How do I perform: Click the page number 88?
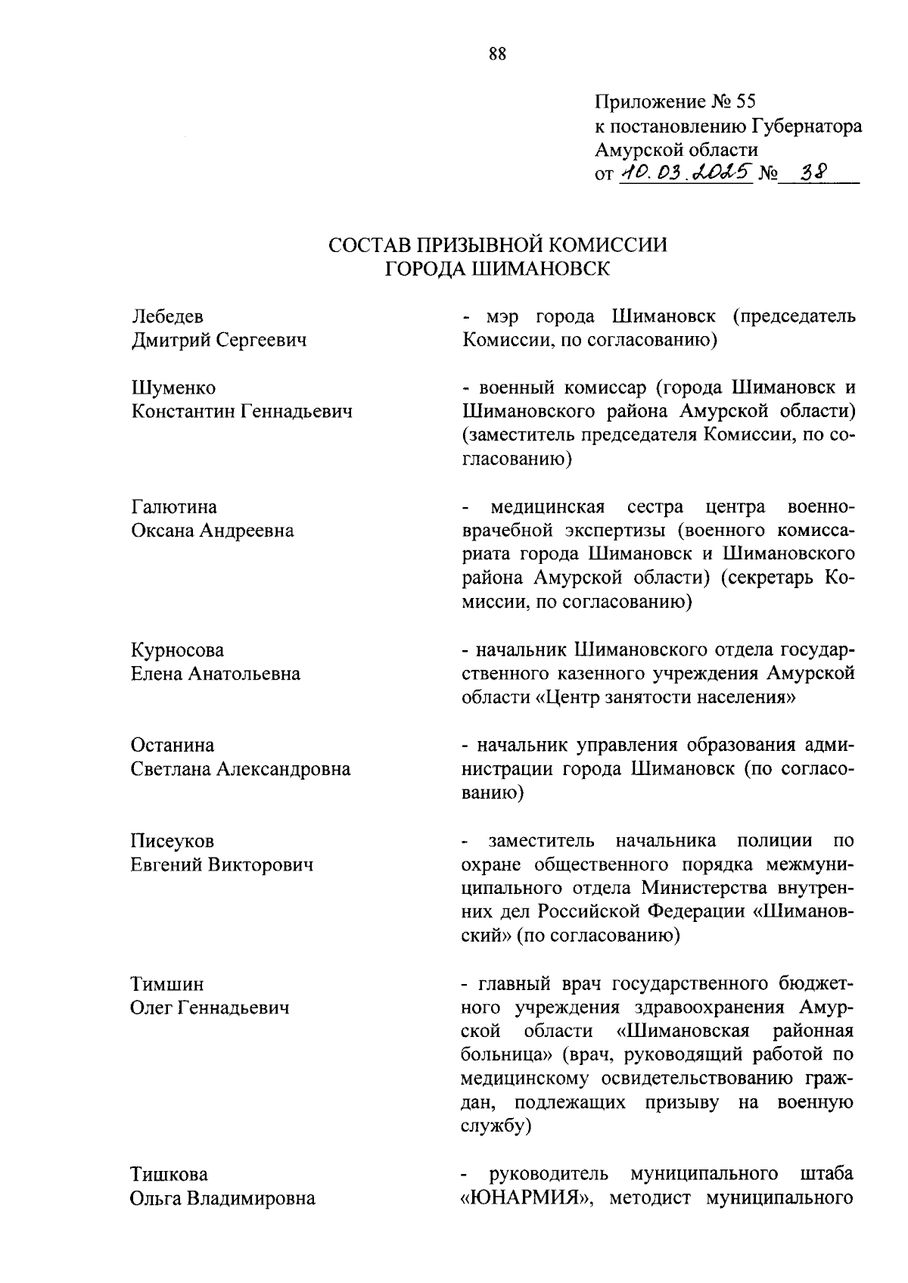497,54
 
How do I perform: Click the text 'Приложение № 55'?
675,101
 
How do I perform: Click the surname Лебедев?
167,316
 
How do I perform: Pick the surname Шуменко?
173,388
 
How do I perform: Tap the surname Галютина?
174,506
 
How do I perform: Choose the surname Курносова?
178,650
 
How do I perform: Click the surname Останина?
173,746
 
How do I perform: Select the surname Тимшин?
167,985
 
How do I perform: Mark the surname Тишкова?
169,1175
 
